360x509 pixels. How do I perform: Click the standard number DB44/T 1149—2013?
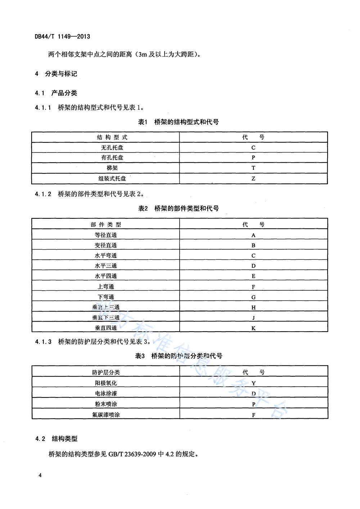point(62,36)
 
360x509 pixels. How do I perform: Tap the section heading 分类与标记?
point(61,74)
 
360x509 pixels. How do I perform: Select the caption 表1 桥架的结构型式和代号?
point(179,122)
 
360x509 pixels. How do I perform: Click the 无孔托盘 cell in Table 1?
point(112,147)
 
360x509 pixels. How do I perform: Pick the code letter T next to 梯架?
point(253,168)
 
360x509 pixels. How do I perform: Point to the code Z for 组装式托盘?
point(253,178)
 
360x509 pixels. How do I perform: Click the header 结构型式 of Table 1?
point(112,137)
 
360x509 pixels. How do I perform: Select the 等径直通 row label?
point(106,235)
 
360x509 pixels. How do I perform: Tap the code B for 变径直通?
point(253,245)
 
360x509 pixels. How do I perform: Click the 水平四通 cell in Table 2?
point(106,276)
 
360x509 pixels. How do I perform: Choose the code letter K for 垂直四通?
point(253,328)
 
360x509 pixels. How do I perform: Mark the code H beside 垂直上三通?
point(253,308)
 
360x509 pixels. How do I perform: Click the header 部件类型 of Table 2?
point(106,225)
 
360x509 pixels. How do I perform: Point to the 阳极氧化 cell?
point(106,383)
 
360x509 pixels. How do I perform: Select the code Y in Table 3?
point(253,383)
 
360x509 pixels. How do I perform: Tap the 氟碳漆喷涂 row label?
point(106,415)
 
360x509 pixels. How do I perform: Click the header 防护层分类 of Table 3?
point(106,372)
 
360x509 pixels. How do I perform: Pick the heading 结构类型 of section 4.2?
point(64,439)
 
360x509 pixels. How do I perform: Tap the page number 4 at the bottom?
point(40,475)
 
